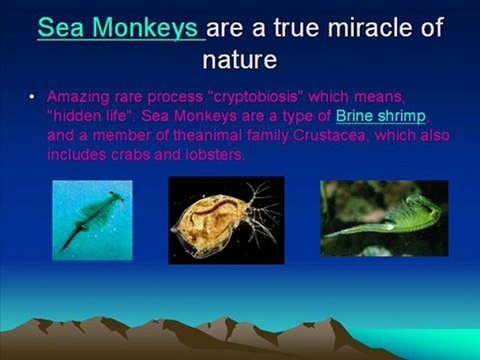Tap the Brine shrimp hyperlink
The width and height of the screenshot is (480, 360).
381,116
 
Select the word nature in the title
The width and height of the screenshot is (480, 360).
240,60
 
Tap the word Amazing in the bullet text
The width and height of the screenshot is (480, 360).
78,97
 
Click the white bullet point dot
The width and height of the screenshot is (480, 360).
32,97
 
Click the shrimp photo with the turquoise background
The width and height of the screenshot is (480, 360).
92,220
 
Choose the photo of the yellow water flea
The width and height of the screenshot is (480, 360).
227,220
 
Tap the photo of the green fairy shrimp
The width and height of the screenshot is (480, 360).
384,218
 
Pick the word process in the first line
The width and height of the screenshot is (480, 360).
175,97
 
